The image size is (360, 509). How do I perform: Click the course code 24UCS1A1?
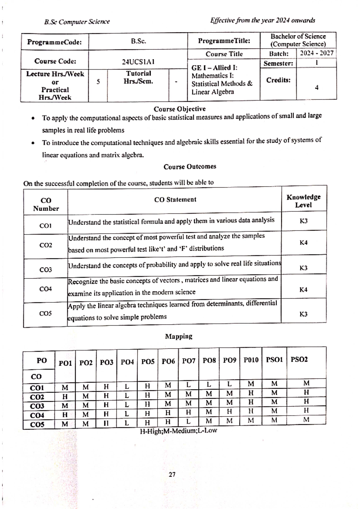pyautogui.click(x=138, y=62)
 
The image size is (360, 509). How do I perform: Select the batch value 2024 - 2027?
pyautogui.click(x=316, y=53)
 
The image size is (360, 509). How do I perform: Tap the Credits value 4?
pyautogui.click(x=316, y=88)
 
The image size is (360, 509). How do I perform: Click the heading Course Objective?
pyautogui.click(x=179, y=109)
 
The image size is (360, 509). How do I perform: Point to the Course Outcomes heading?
pyautogui.click(x=190, y=166)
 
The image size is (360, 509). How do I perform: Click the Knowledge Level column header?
pyautogui.click(x=303, y=201)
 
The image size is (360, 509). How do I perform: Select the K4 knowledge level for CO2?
pyautogui.click(x=303, y=243)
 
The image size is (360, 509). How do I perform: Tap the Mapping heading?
pyautogui.click(x=178, y=336)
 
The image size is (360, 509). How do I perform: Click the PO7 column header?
pyautogui.click(x=189, y=361)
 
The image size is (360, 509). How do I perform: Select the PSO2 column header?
pyautogui.click(x=299, y=359)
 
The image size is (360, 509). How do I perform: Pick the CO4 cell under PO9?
pyautogui.click(x=229, y=412)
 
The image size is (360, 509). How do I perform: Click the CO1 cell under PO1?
pyautogui.click(x=65, y=388)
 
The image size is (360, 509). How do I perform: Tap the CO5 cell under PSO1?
pyautogui.click(x=274, y=420)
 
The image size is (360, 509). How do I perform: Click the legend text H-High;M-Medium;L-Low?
pyautogui.click(x=178, y=431)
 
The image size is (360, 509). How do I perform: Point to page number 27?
pyautogui.click(x=172, y=474)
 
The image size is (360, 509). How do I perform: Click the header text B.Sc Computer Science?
pyautogui.click(x=77, y=22)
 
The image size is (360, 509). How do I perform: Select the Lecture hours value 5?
pyautogui.click(x=98, y=82)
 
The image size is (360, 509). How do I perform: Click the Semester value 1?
pyautogui.click(x=316, y=63)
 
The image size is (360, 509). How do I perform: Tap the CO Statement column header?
pyautogui.click(x=175, y=200)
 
